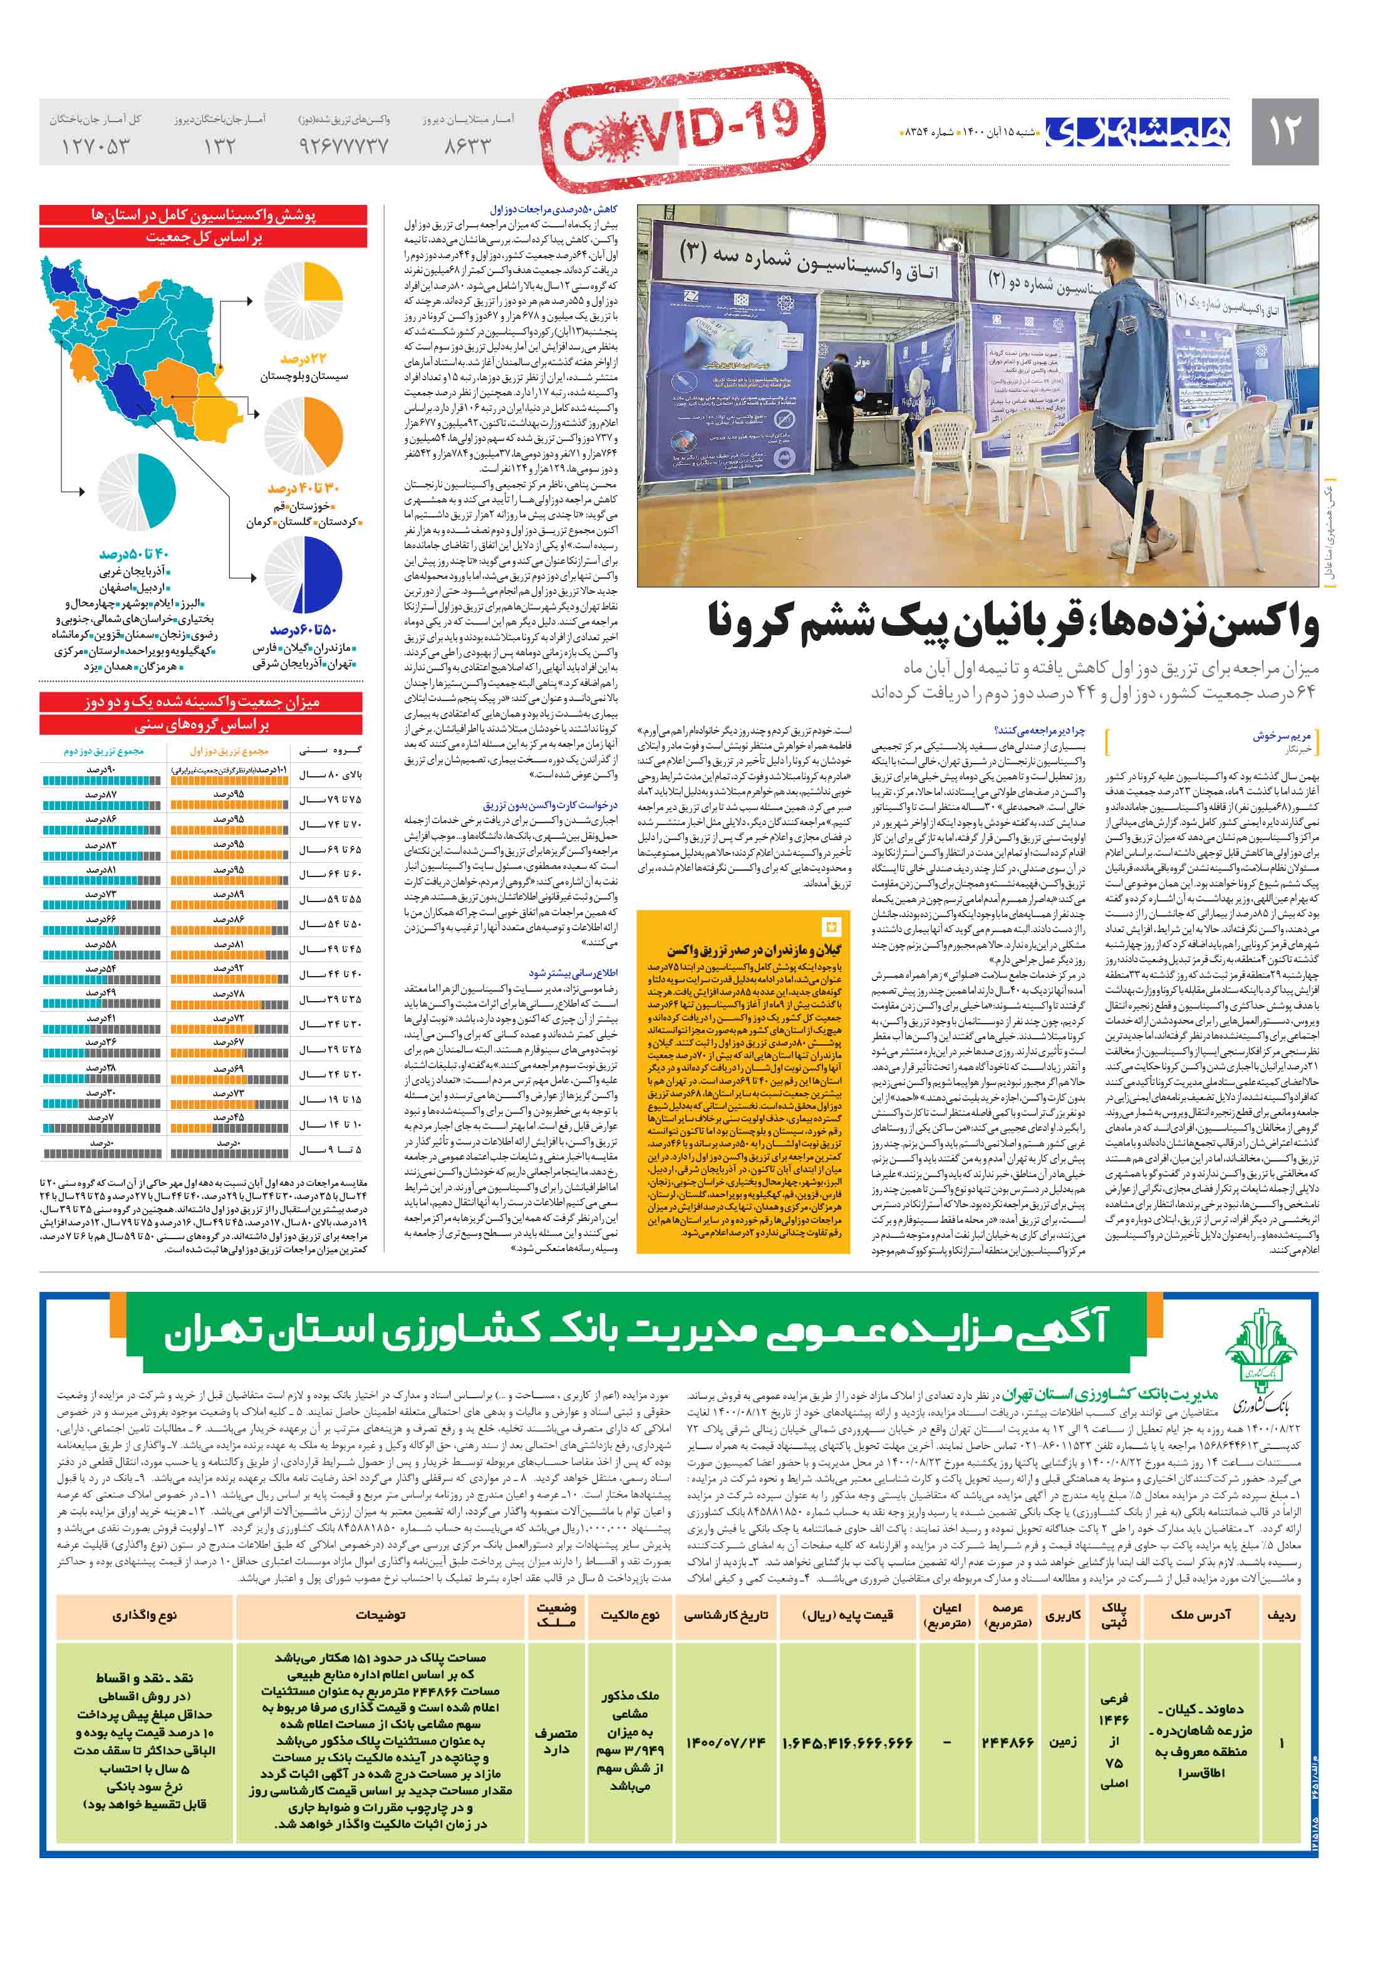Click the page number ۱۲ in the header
click(x=1283, y=131)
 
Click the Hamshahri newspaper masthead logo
click(x=1138, y=131)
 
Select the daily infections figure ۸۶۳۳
click(x=467, y=147)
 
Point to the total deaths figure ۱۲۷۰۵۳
click(x=95, y=147)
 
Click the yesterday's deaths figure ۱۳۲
click(x=219, y=147)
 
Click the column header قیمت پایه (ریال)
click(x=847, y=1615)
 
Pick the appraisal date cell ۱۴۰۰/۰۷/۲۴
click(x=725, y=1743)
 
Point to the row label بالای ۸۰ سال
click(x=330, y=775)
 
